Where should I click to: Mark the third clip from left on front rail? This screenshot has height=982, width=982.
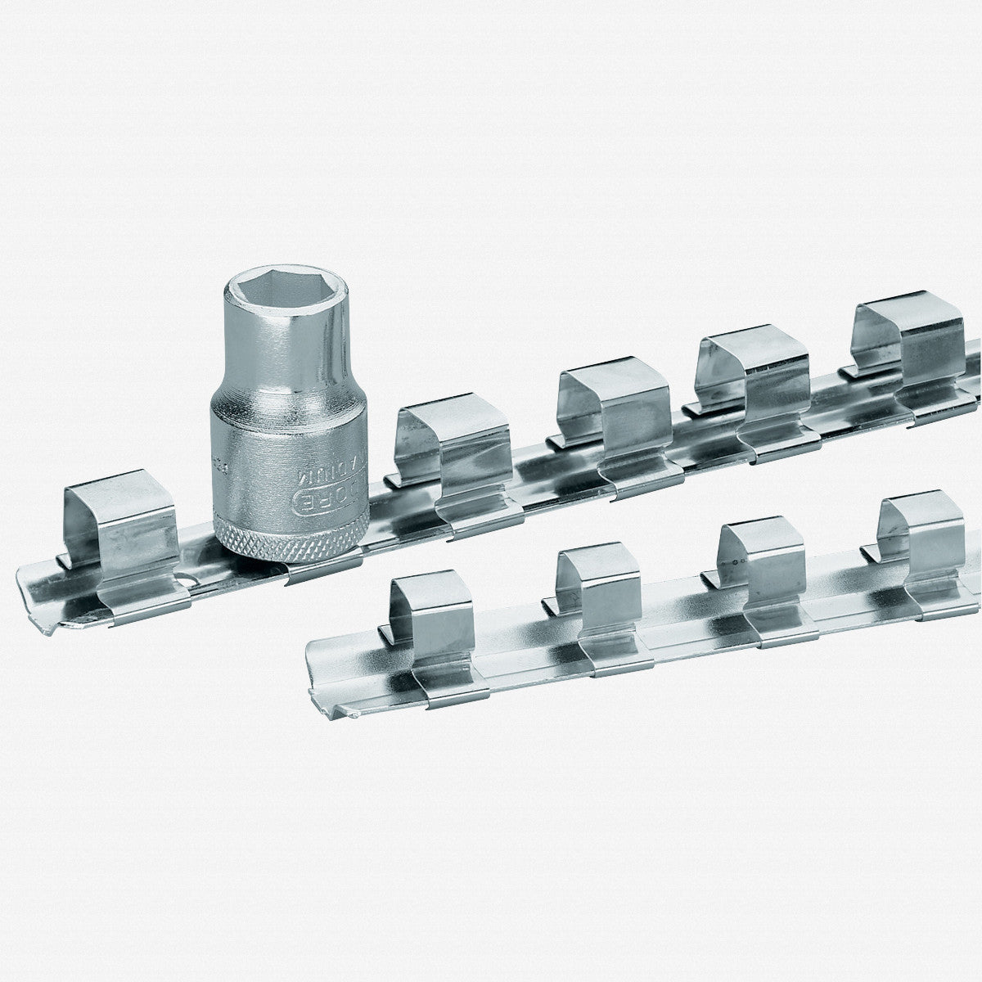click(x=757, y=565)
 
